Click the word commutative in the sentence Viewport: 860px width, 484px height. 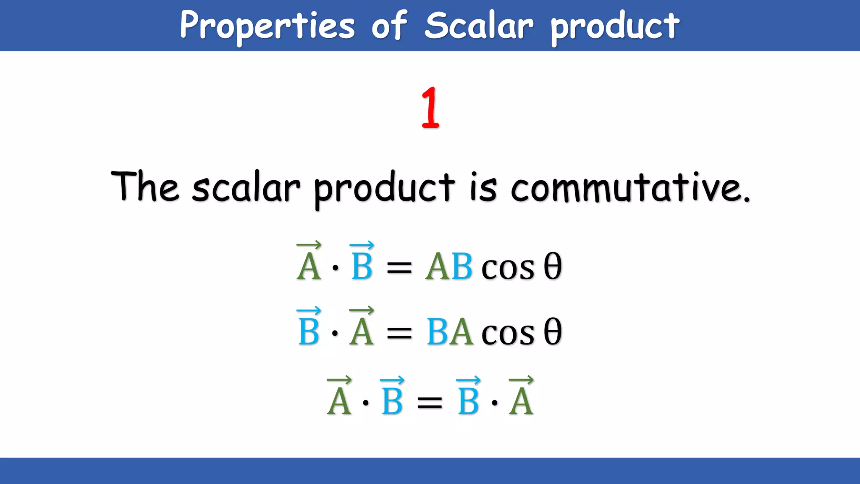tap(630, 187)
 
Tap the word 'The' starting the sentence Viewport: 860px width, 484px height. tap(145, 187)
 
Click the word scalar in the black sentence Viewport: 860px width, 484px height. tap(246, 187)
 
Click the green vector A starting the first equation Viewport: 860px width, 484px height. tap(309, 263)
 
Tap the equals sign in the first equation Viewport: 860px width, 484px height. tap(399, 267)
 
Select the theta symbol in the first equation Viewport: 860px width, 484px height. tap(553, 266)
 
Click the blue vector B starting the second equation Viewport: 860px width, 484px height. tap(309, 328)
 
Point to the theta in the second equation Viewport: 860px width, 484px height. tap(553, 332)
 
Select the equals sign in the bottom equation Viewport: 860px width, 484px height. tap(429, 402)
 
